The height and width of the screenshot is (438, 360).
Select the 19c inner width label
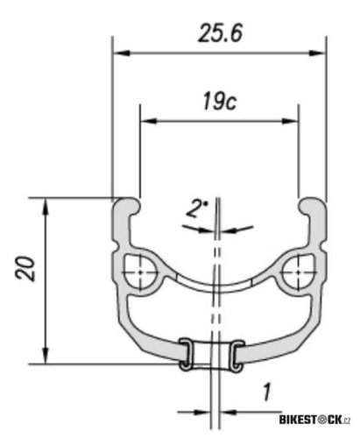[x=215, y=102]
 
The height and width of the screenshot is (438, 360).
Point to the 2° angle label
[x=198, y=210]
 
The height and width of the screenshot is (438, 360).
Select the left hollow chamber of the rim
[x=138, y=272]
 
